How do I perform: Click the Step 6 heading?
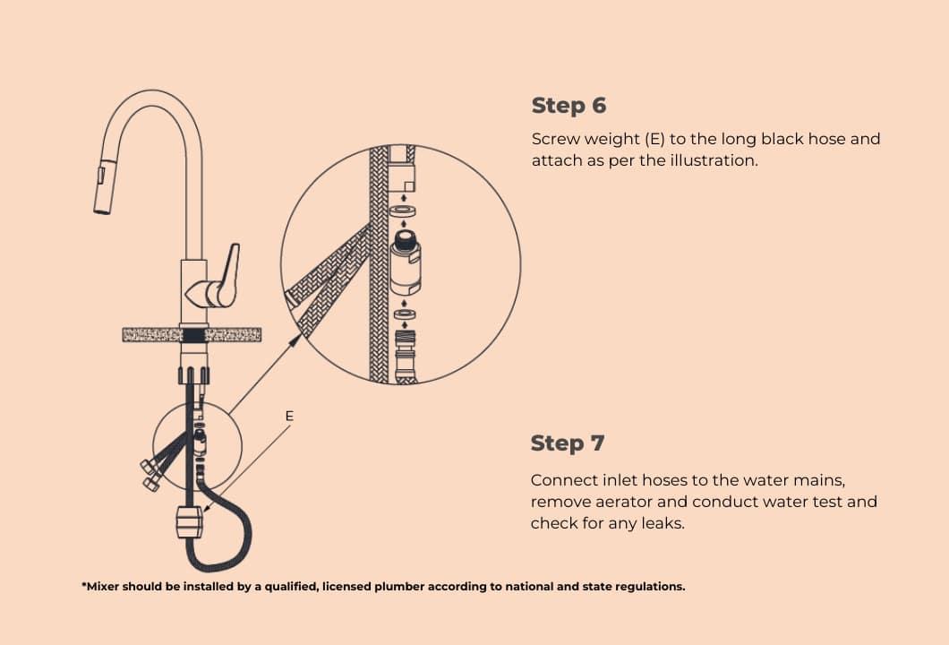[x=569, y=106]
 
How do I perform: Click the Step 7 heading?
[x=567, y=443]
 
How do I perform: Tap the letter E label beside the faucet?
[x=289, y=416]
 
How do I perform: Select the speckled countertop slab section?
[x=192, y=334]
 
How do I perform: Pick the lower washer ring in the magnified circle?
[x=405, y=314]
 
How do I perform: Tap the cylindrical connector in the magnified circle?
[x=406, y=262]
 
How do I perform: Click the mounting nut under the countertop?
[x=194, y=374]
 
